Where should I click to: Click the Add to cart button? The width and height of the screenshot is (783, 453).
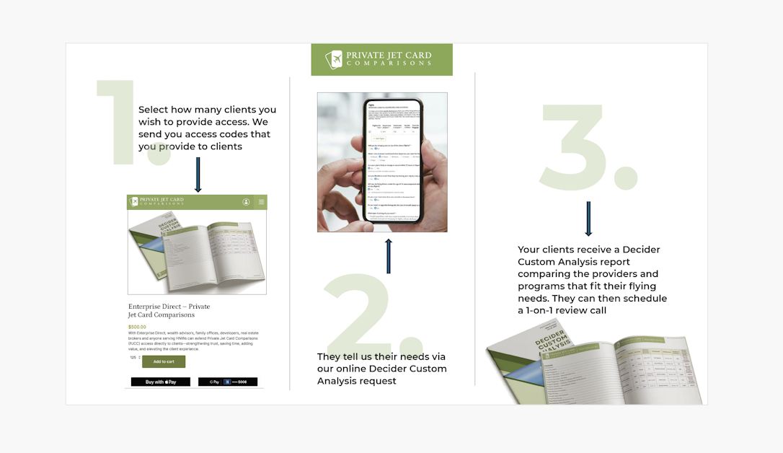[x=164, y=361]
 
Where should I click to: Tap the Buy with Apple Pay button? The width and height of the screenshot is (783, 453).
[x=160, y=382]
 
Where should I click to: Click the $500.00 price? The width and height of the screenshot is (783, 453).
[x=137, y=327]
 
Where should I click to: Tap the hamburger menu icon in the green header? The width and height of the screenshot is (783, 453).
[x=262, y=202]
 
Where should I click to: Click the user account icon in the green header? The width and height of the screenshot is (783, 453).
[x=246, y=202]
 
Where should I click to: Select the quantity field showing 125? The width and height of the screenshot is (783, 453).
[x=133, y=357]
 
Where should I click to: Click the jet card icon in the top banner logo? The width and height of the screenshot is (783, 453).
[x=333, y=59]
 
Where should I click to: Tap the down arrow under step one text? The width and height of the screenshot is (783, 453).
[x=198, y=175]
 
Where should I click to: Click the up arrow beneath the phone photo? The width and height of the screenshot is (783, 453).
[x=389, y=256]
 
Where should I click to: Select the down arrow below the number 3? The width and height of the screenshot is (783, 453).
[x=588, y=219]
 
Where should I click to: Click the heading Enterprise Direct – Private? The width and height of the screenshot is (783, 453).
[x=169, y=307]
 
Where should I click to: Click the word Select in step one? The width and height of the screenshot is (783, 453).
[x=154, y=110]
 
